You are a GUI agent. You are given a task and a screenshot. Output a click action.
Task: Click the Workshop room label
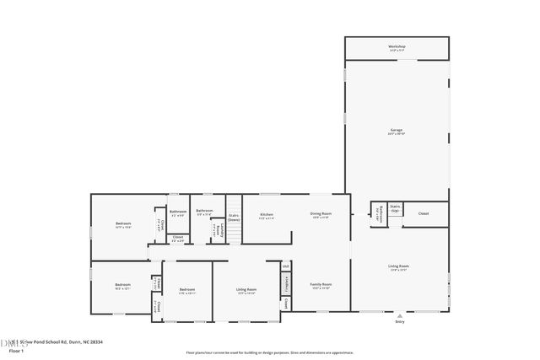pyautogui.click(x=397, y=46)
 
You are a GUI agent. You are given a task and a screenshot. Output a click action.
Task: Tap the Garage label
pyautogui.click(x=396, y=130)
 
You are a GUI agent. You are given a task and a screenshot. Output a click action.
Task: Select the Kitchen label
pyautogui.click(x=266, y=214)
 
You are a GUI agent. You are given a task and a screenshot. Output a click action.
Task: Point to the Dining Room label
pyautogui.click(x=321, y=214)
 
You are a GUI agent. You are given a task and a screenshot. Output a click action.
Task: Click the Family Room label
pyautogui.click(x=321, y=285)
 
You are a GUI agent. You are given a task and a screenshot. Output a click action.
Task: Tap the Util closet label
pyautogui.click(x=285, y=266)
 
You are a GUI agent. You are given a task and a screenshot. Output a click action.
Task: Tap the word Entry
pyautogui.click(x=400, y=322)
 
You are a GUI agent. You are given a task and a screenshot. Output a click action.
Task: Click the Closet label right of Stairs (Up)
pyautogui.click(x=424, y=213)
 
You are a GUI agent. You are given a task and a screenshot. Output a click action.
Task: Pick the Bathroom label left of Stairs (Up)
pyautogui.click(x=380, y=213)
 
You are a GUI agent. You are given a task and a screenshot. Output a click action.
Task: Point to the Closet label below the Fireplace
pyautogui.click(x=287, y=302)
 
